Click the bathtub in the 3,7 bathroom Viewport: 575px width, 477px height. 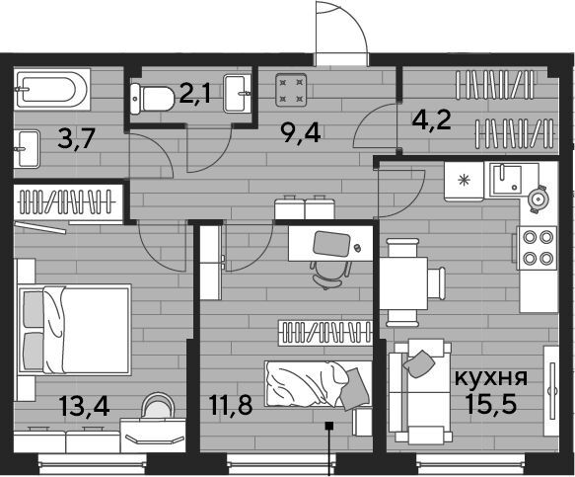52,89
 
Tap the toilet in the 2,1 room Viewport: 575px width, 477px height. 152,99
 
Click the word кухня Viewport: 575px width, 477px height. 491,377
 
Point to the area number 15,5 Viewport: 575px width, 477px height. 491,403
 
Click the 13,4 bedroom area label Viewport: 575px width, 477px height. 85,406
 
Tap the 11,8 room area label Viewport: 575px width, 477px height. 231,405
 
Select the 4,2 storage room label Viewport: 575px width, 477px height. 431,120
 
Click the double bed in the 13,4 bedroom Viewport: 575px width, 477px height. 75,330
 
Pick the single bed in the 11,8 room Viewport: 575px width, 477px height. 318,384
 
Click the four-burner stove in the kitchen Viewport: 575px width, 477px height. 537,248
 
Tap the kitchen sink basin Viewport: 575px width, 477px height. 507,180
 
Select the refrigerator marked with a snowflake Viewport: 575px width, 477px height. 464,181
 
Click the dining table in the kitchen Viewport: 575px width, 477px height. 403,282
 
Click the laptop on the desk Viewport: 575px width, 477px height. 331,244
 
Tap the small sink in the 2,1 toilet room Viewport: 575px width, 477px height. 237,93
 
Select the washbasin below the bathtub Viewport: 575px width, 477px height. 27,148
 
